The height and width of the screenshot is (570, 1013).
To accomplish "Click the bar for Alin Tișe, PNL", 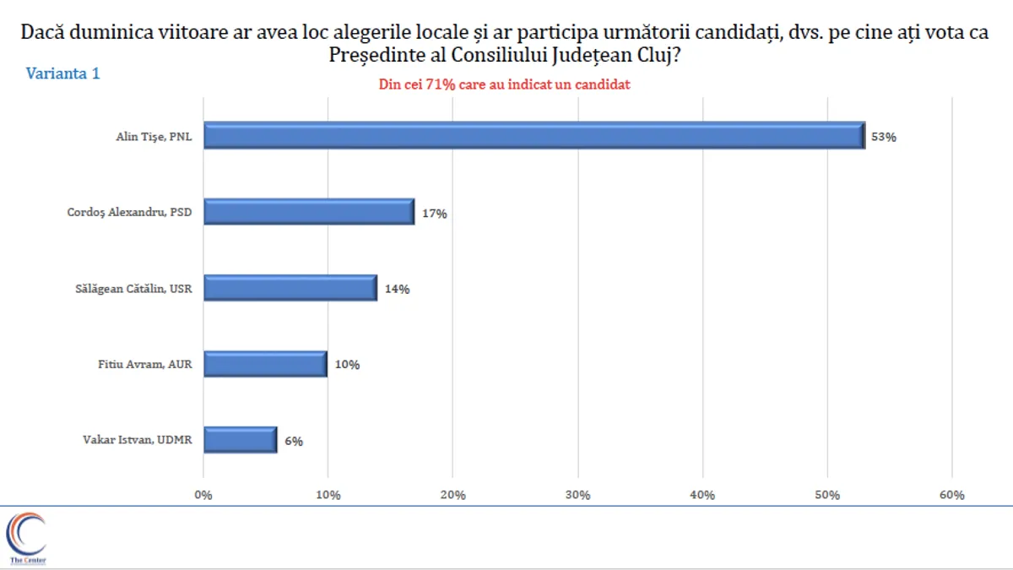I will tap(534, 136).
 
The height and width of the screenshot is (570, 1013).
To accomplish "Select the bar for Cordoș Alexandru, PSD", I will tap(309, 212).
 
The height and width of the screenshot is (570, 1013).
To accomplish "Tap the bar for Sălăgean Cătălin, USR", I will tap(290, 288).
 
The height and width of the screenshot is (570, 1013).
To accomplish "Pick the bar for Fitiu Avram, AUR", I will tap(265, 364).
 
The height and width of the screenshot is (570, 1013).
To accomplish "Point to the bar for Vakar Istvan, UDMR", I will tap(241, 439).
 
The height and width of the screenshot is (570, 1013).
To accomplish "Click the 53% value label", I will tap(884, 137).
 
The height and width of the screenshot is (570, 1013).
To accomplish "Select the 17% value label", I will tap(435, 214).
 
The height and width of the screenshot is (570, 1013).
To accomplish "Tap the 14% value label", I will tap(397, 289).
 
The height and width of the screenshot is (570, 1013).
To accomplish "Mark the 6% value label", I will tap(293, 441).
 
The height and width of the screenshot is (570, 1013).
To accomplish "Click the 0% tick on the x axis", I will tap(203, 495).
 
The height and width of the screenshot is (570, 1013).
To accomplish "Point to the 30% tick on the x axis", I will tap(578, 495).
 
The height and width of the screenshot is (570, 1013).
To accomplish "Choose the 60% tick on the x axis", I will tap(952, 495).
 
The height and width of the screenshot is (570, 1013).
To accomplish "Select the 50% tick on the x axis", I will tap(827, 495).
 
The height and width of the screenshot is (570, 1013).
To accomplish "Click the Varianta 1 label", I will tap(63, 73).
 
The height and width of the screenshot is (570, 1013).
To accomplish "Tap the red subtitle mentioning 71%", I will tap(510, 84).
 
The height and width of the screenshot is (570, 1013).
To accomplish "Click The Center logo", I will tap(27, 539).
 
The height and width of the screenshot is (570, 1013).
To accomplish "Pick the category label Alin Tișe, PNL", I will tap(154, 137).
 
